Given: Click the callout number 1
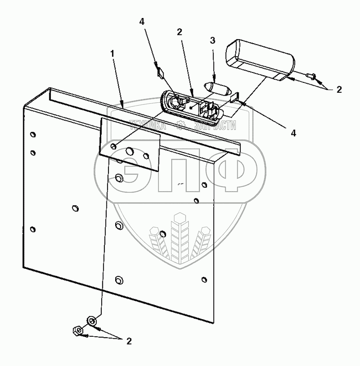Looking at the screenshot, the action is (x=113, y=53).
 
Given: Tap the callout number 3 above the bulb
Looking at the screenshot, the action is (x=212, y=40).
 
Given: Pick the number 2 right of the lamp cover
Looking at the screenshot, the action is (x=339, y=90).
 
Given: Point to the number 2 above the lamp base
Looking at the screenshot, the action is (x=180, y=32).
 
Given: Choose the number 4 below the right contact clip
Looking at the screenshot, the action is (x=293, y=134).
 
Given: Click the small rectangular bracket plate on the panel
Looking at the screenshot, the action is (x=130, y=144).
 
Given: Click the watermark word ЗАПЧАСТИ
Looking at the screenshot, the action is (x=214, y=126).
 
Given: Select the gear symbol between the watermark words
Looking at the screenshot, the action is (x=181, y=125).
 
